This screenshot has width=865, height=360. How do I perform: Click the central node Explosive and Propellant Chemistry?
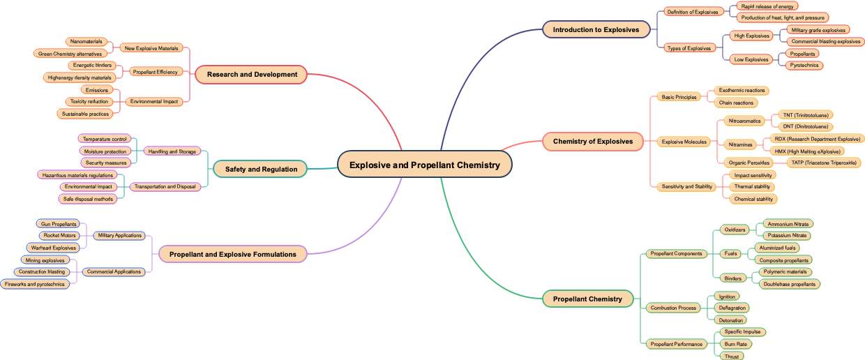pyautogui.click(x=424, y=165)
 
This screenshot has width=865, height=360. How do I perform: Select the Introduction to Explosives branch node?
pyautogui.click(x=596, y=29)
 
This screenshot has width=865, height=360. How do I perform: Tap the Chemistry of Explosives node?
pyautogui.click(x=593, y=142)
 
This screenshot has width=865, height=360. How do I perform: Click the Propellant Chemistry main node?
pyautogui.click(x=587, y=299)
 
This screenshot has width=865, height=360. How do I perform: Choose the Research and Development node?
pyautogui.click(x=252, y=74)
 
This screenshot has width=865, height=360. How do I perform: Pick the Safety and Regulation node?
pyautogui.click(x=261, y=169)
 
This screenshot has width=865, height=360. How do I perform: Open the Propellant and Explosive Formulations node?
pyautogui.click(x=232, y=254)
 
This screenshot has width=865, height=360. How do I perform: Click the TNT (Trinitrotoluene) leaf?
pyautogui.click(x=805, y=114)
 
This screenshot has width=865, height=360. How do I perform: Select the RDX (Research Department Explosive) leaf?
pyautogui.click(x=817, y=139)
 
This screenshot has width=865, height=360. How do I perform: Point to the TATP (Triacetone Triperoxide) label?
pyautogui.click(x=823, y=163)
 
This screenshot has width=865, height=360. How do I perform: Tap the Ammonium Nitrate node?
pyautogui.click(x=788, y=224)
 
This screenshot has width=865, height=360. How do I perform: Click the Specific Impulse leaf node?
pyautogui.click(x=742, y=331)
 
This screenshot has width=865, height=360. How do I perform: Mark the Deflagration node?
pyautogui.click(x=732, y=308)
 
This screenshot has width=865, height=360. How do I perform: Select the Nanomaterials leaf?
pyautogui.click(x=86, y=41)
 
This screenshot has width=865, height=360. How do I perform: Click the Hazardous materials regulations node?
pyautogui.click(x=77, y=175)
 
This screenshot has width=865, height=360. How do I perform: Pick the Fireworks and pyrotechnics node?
pyautogui.click(x=34, y=284)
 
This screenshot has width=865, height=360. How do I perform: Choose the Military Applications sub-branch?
pyautogui.click(x=119, y=235)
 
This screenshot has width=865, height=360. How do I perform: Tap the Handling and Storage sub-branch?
pyautogui.click(x=172, y=151)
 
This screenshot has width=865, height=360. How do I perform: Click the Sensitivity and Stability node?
pyautogui.click(x=686, y=186)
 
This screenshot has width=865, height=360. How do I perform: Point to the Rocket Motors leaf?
pyautogui.click(x=59, y=235)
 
